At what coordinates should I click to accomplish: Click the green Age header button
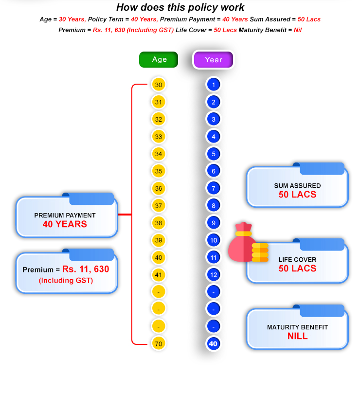[159, 59]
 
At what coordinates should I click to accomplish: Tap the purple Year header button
[213, 60]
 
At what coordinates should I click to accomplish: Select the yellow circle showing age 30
[158, 85]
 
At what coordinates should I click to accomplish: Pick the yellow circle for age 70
[158, 343]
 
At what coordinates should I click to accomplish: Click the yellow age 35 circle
[158, 171]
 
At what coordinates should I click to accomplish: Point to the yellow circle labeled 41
[158, 275]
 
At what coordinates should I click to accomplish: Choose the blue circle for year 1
[213, 85]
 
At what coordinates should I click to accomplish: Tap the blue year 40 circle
[213, 344]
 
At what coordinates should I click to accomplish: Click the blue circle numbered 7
[213, 188]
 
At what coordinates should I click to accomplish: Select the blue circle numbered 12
[213, 275]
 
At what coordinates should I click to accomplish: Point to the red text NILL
[297, 336]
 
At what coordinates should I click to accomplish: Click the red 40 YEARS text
[65, 224]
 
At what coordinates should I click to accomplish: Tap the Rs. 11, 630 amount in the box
[86, 269]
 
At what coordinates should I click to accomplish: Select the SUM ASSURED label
[297, 186]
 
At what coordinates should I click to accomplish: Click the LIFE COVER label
[297, 260]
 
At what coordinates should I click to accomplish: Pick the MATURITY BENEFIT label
[297, 327]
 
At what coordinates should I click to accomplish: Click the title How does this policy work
[180, 7]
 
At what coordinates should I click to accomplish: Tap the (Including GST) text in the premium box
[66, 280]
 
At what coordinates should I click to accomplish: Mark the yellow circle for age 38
[158, 223]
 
